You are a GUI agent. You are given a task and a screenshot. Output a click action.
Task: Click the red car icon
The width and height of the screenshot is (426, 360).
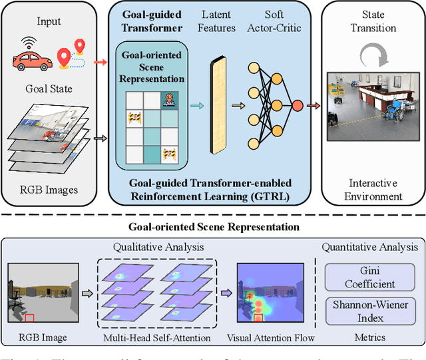(32, 61)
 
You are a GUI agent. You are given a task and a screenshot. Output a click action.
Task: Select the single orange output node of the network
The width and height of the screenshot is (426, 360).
(296, 105)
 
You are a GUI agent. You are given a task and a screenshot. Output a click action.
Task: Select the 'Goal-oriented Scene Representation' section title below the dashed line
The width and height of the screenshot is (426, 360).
(213, 226)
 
